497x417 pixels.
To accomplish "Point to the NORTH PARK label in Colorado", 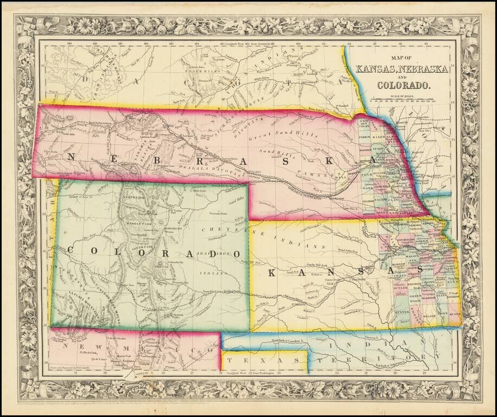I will (x=132, y=197).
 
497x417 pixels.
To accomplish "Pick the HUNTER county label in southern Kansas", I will (x=402, y=313).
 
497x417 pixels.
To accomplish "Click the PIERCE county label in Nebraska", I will (x=365, y=137).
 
